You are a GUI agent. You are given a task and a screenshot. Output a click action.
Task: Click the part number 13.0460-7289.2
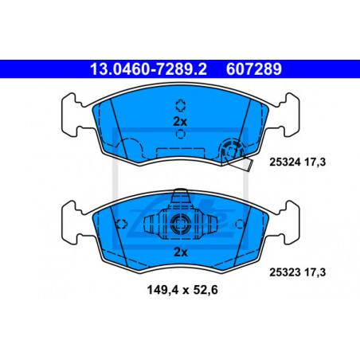(x=148, y=69)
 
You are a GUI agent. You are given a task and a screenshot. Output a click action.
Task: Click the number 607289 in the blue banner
(x=254, y=69)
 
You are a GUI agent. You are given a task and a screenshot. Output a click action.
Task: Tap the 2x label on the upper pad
(x=180, y=122)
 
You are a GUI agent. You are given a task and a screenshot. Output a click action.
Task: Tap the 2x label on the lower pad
(x=181, y=252)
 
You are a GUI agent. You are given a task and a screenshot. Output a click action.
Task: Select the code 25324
(x=285, y=162)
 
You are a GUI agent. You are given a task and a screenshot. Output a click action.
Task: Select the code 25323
(x=285, y=272)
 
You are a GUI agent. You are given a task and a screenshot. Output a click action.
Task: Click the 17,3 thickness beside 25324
(x=315, y=162)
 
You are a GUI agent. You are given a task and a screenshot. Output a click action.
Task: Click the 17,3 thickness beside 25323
(x=315, y=272)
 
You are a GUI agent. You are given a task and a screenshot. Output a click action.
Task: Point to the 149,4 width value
(x=163, y=290)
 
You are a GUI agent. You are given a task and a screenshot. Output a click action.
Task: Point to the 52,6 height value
(x=205, y=290)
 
